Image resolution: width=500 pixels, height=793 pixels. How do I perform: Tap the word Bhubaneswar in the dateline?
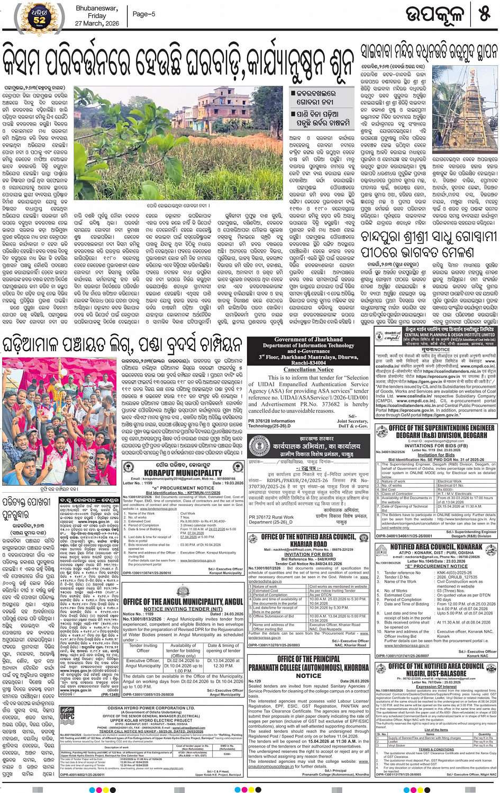coord(97,8)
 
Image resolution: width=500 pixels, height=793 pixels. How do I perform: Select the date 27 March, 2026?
coord(97,23)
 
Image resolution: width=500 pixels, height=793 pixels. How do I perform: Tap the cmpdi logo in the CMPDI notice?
coord(392,336)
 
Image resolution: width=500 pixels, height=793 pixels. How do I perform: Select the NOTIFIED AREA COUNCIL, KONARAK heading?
coord(436,547)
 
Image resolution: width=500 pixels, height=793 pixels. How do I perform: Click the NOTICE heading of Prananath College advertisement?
coord(308,675)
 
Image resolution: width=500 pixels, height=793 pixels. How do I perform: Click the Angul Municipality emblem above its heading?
coord(183,592)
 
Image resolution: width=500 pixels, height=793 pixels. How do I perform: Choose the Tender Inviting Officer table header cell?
coord(143,647)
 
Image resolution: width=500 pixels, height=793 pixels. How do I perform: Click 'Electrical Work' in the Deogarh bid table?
coord(450,482)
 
